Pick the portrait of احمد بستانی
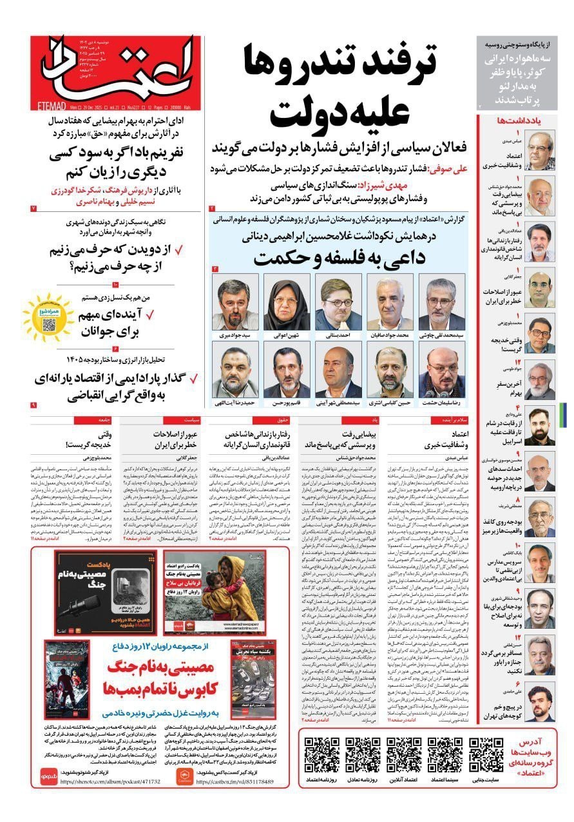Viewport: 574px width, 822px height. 338,305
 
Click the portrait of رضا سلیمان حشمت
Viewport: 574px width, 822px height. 441,372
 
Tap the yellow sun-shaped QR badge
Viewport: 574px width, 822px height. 47,316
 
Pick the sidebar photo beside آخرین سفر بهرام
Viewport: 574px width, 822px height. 539,381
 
